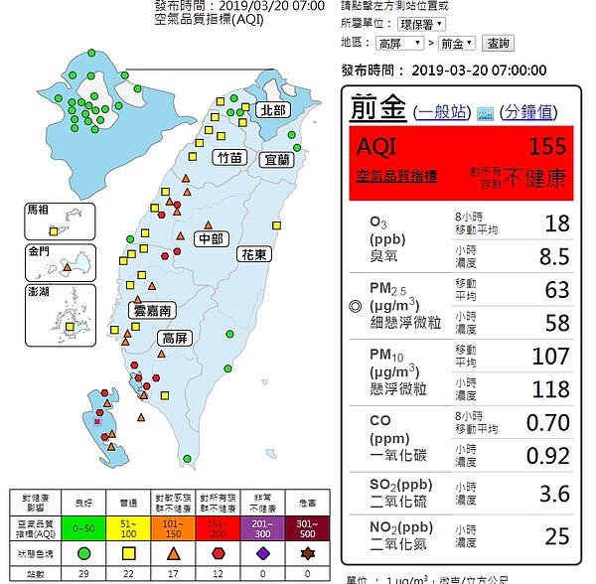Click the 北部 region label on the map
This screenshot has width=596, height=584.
[x=272, y=110]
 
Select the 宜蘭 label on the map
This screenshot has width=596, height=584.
[x=277, y=159]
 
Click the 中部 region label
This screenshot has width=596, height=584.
[x=211, y=238]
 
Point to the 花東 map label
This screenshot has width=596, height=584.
[x=253, y=254]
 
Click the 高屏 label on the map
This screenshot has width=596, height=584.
[x=175, y=339]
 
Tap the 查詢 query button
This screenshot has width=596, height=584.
[x=497, y=44]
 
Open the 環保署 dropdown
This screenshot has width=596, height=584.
[x=422, y=23]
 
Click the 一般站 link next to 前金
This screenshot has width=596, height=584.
[x=443, y=112]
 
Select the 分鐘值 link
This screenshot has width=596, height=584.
[x=531, y=112]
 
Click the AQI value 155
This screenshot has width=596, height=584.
[x=547, y=146]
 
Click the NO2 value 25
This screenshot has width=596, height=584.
[x=556, y=537]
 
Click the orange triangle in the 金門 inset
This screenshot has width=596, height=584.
[x=66, y=267]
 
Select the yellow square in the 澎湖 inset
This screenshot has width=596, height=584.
[x=70, y=325]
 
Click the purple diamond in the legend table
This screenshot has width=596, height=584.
[x=261, y=551]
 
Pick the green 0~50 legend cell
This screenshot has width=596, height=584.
[x=84, y=527]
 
